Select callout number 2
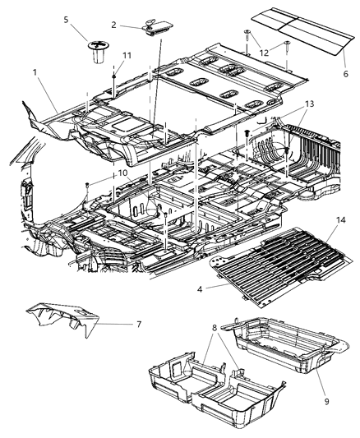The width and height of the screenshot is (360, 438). [x=114, y=25]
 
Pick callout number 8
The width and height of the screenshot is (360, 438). [x=215, y=328]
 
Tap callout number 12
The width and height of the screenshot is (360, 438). [x=263, y=53]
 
